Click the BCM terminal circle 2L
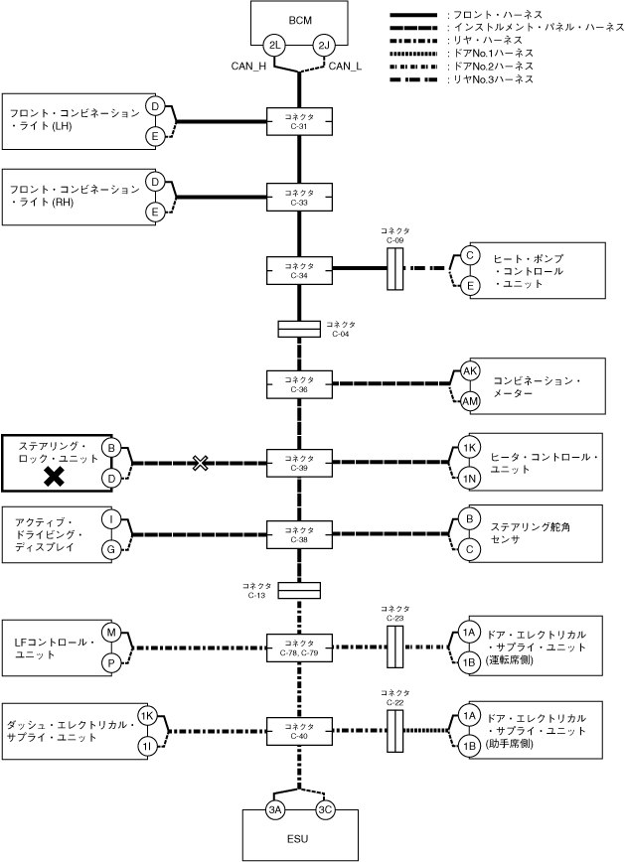tap(274, 46)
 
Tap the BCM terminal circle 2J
tap(324, 46)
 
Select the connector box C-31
tap(299, 121)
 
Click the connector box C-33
tap(299, 198)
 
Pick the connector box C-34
tap(299, 270)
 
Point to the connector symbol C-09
tap(395, 269)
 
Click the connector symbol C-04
tap(299, 329)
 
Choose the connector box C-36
tap(299, 384)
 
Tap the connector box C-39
tap(299, 463)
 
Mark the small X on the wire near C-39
tap(201, 463)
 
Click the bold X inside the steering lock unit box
tap(54, 476)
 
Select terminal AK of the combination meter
tap(469, 371)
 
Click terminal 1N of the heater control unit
tap(469, 479)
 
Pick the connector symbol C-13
tap(299, 591)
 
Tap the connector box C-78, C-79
tap(299, 647)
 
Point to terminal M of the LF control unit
tap(111, 633)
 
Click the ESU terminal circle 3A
tap(275, 809)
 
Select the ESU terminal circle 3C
tap(325, 809)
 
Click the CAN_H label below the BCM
tap(248, 67)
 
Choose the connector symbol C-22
tap(395, 731)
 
